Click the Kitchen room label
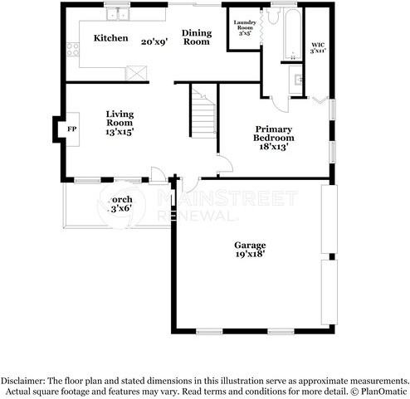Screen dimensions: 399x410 coord(110,38)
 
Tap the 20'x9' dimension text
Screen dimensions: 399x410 coord(154,41)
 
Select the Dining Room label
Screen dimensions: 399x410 coord(197,36)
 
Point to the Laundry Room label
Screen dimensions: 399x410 coord(245,27)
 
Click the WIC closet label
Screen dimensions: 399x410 coord(318,46)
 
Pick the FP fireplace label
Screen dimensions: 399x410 coord(72,129)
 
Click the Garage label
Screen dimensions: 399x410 coord(249,246)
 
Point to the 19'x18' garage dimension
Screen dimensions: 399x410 coord(249,256)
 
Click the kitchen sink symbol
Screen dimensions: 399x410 coord(121,13)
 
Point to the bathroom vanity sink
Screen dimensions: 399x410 coord(296,81)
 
